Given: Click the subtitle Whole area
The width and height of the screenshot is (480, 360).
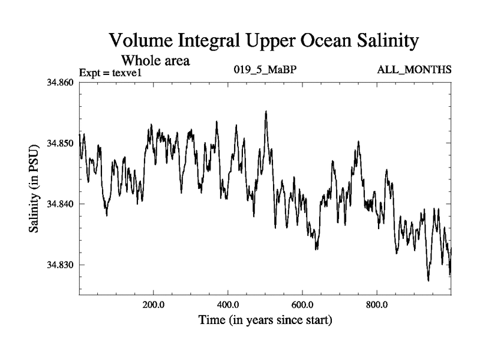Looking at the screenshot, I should pyautogui.click(x=156, y=60).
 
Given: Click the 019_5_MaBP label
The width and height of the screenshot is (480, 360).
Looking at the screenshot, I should pyautogui.click(x=265, y=70).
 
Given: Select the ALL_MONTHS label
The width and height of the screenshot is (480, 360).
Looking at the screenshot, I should pyautogui.click(x=414, y=70).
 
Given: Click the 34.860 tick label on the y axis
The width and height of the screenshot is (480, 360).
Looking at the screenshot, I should pyautogui.click(x=61, y=82).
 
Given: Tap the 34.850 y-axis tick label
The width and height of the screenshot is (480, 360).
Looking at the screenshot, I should pyautogui.click(x=61, y=143).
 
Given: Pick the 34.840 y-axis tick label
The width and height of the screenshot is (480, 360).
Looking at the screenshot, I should pyautogui.click(x=61, y=204).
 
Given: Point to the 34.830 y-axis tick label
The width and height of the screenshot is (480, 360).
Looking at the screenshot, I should pyautogui.click(x=61, y=265).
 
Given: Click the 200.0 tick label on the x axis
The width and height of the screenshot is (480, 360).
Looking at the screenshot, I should pyautogui.click(x=154, y=304).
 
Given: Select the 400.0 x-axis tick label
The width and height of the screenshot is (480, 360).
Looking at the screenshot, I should pyautogui.click(x=228, y=304).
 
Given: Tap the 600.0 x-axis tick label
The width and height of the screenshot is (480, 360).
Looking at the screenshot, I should pyautogui.click(x=302, y=304).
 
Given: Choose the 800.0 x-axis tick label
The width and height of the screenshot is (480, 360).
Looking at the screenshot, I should pyautogui.click(x=377, y=304).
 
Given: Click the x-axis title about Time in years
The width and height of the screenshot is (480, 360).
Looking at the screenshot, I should pyautogui.click(x=265, y=320).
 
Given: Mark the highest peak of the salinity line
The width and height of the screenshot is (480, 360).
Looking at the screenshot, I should pyautogui.click(x=266, y=112).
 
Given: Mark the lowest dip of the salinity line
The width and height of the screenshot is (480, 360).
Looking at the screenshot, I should pyautogui.click(x=428, y=280).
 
